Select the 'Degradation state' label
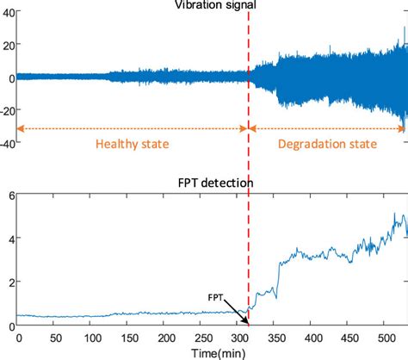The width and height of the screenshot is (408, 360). tap(327, 144)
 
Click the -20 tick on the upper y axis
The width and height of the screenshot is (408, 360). tap(6, 110)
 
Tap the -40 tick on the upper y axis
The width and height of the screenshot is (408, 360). tap(6, 144)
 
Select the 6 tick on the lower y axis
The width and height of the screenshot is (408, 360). tap(10, 196)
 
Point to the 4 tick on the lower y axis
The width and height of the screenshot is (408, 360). tap(10, 239)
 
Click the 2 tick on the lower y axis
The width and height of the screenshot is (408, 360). tap(10, 282)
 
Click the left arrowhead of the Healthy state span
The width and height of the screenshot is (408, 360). tap(21, 129)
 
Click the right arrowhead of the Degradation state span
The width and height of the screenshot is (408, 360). tap(403, 129)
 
